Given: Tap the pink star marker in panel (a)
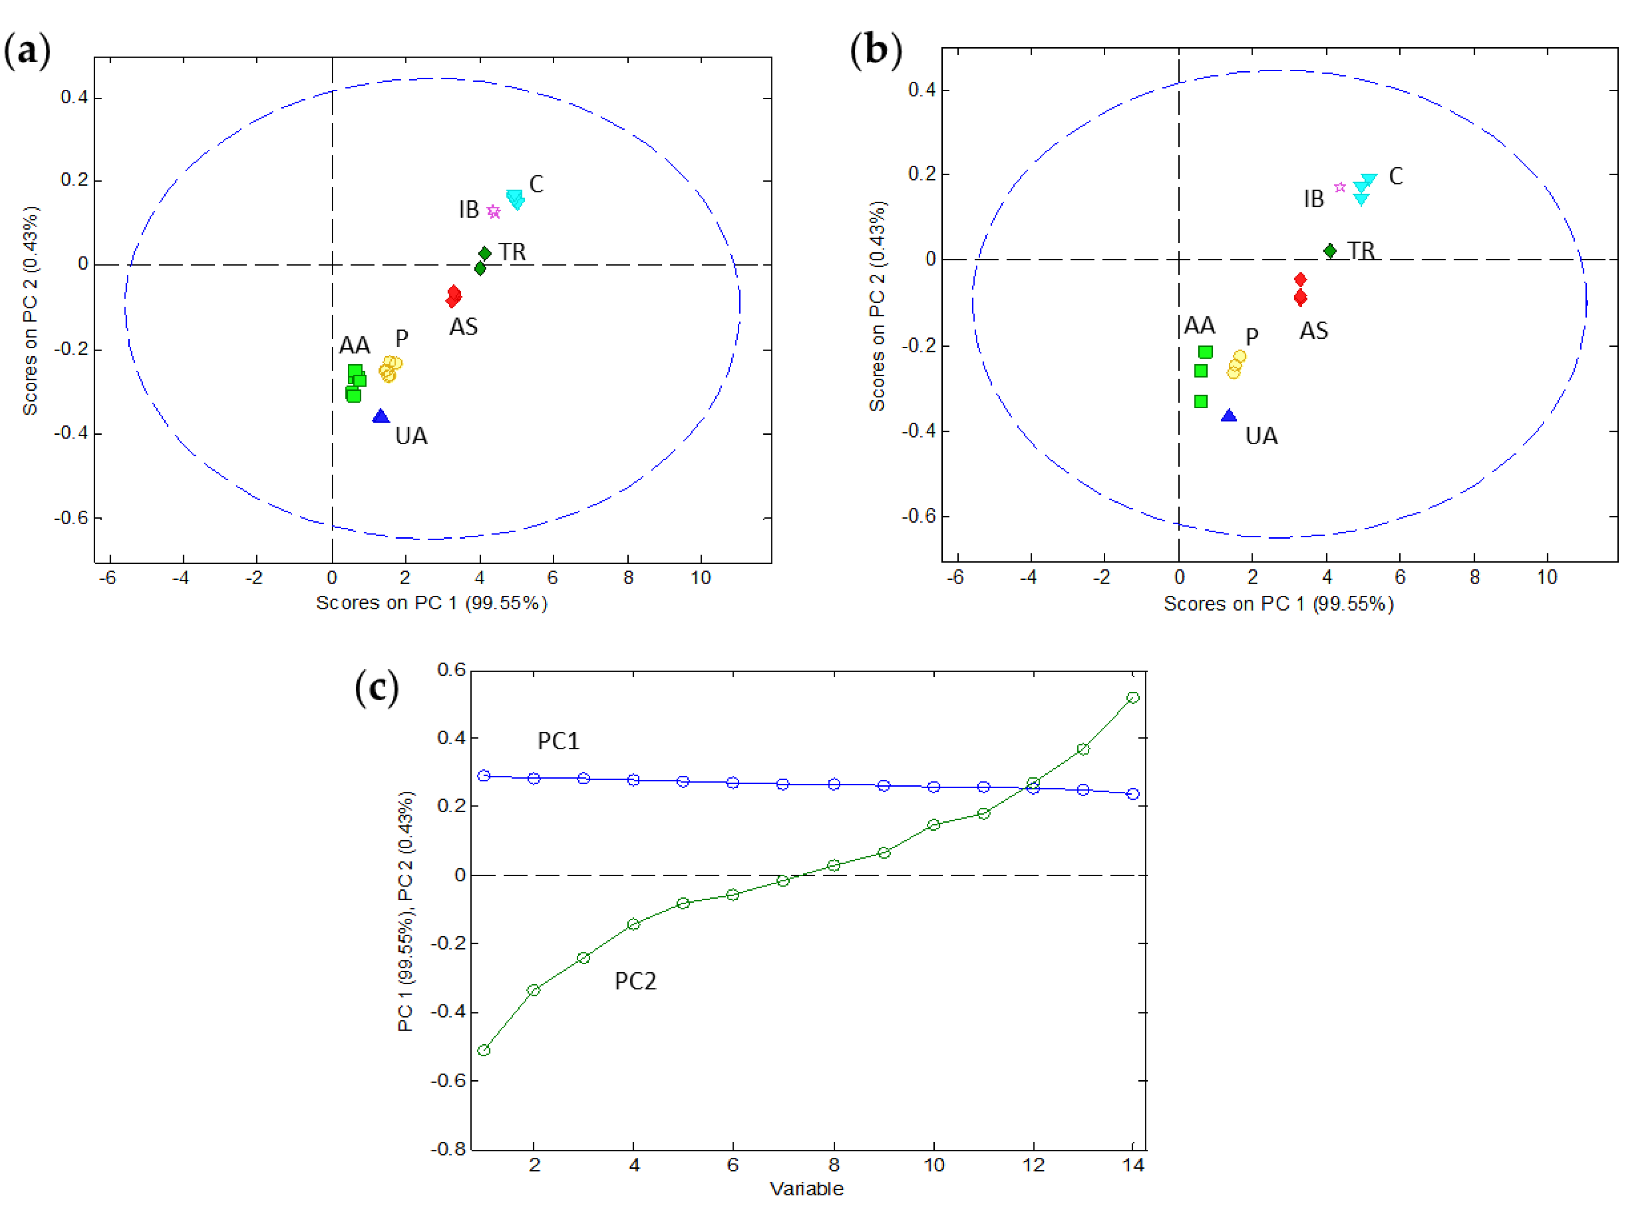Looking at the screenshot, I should [x=494, y=212].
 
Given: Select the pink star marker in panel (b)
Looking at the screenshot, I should [x=1340, y=187].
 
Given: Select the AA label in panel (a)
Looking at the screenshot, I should [x=355, y=345].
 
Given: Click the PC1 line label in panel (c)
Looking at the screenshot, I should [x=558, y=741].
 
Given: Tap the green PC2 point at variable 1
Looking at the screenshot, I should [x=484, y=1051].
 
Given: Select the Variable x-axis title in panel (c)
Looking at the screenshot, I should [x=807, y=1189].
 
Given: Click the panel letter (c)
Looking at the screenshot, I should [x=377, y=688].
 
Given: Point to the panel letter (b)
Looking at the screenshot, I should [x=875, y=51].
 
